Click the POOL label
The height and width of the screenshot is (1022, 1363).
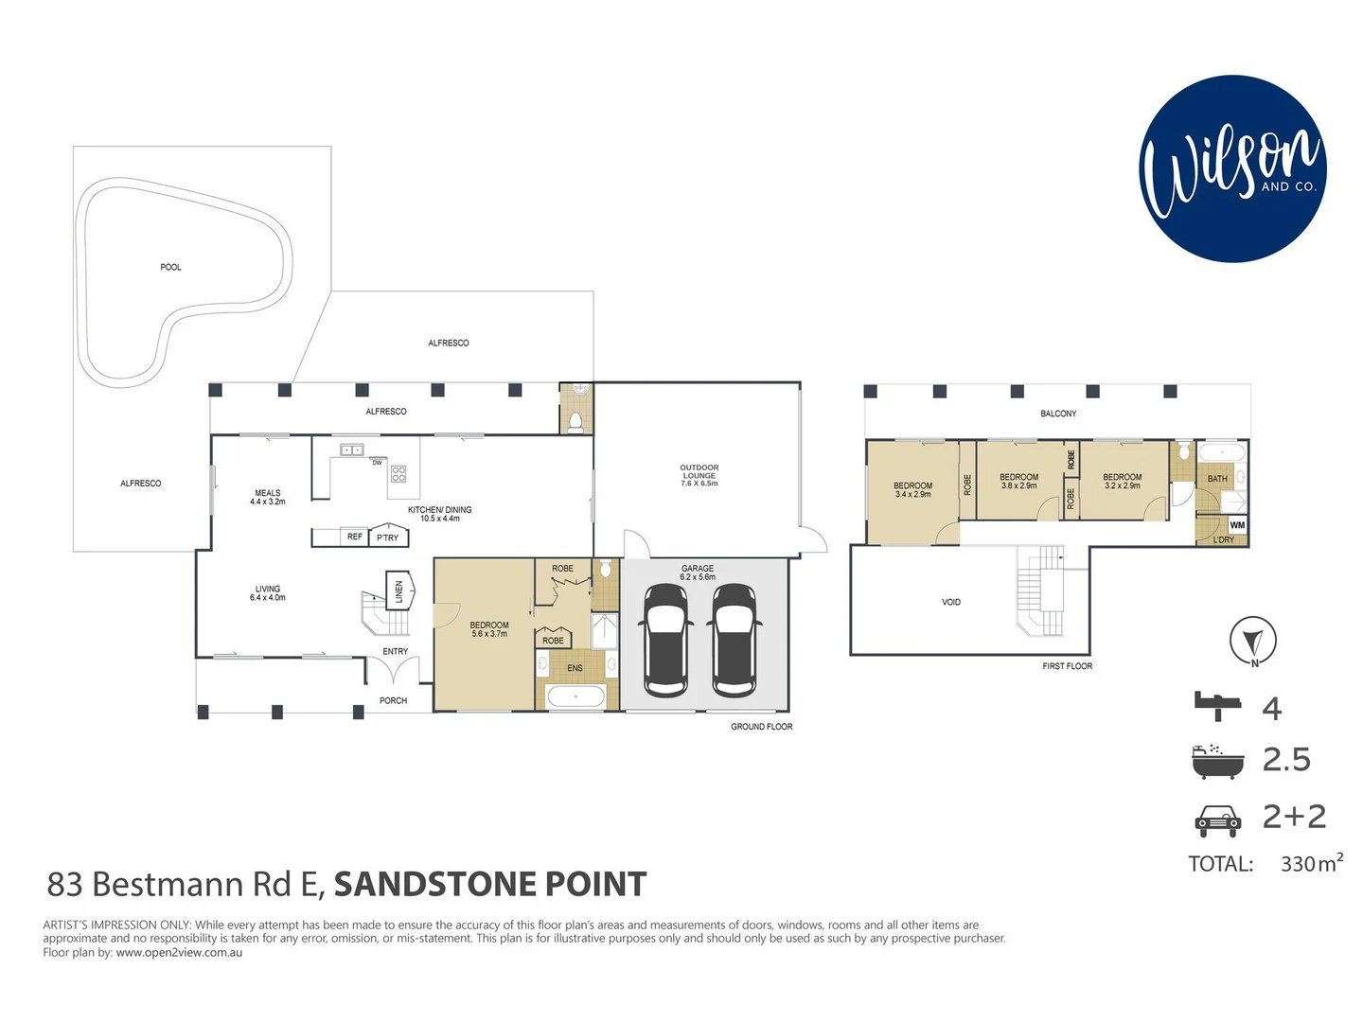[170, 267]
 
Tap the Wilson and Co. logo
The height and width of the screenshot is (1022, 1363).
[1232, 168]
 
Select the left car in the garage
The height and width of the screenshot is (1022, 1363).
[666, 640]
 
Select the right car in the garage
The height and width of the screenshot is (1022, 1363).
[735, 640]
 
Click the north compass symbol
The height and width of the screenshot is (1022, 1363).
[1252, 641]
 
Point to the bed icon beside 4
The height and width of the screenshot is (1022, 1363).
[1217, 706]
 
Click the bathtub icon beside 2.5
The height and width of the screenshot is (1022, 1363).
[1217, 761]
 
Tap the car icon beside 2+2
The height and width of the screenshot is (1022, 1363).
[1217, 819]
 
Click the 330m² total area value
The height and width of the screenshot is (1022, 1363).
[1311, 863]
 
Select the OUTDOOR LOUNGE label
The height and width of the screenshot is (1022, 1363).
[699, 475]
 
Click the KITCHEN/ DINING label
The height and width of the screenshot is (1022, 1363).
[439, 514]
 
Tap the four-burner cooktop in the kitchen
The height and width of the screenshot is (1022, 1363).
[398, 474]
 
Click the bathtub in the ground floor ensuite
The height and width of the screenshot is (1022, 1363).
[575, 697]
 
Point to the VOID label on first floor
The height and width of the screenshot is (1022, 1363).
[951, 602]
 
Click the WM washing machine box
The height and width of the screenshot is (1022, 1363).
[1237, 525]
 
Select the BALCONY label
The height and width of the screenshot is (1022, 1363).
[1058, 414]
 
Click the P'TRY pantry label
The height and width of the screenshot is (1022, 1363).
[388, 537]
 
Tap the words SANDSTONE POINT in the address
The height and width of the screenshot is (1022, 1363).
[490, 884]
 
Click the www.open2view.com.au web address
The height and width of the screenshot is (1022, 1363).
[179, 953]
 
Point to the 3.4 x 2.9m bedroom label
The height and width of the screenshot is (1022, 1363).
[912, 490]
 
